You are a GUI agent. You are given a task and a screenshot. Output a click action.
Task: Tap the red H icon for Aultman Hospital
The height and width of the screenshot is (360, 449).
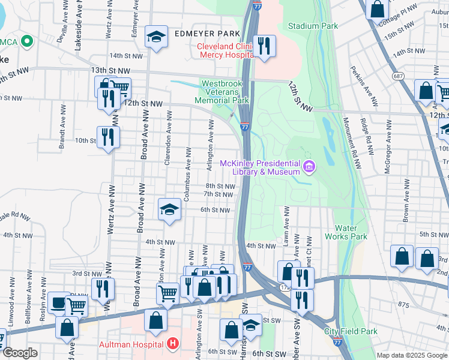173,344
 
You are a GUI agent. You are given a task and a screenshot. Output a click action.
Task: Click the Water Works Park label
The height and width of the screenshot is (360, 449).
345,232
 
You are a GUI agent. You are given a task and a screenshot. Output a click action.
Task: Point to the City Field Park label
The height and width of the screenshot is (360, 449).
351,331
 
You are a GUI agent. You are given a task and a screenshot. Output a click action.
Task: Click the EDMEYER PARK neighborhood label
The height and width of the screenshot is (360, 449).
206,34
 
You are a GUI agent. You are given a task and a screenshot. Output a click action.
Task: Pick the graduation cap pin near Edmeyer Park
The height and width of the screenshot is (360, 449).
156,38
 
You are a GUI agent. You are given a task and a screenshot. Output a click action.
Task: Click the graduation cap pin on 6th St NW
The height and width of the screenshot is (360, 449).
170,210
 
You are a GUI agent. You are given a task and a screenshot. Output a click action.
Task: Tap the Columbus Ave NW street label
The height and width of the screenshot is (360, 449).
187,174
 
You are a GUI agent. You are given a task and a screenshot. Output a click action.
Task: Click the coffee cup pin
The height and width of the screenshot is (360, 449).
58,304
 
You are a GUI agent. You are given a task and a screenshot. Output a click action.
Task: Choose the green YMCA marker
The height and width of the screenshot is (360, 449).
26,42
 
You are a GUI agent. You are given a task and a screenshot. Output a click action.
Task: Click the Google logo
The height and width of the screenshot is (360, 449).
19,353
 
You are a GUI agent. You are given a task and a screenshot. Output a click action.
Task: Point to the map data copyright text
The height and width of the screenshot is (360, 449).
411,355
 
